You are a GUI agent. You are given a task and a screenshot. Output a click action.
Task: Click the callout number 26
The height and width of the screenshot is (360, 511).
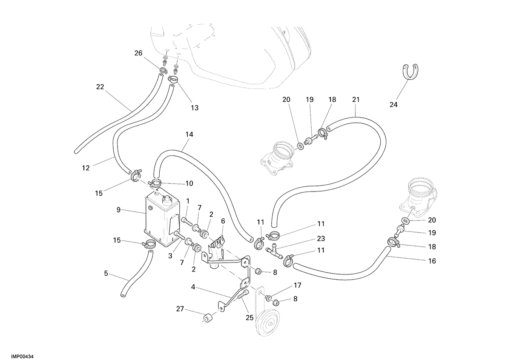coord(138,53)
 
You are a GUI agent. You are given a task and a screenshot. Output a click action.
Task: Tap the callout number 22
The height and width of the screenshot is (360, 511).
coord(100,87)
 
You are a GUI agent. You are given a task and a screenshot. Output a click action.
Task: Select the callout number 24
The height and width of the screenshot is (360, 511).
coord(393,105)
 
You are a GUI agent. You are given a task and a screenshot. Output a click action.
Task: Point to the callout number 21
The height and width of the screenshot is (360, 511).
coord(356,100)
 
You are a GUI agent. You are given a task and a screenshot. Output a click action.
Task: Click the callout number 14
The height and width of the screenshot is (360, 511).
coord(189,134)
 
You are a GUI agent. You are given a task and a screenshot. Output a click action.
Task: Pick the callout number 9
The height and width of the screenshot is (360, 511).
coord(118,210)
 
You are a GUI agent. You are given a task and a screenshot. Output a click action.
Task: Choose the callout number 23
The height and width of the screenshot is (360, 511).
coord(321,239)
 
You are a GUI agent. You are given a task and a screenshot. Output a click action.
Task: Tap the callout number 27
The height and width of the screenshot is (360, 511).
coord(180,309)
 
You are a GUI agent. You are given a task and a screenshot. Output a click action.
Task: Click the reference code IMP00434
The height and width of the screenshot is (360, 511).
coord(22,356)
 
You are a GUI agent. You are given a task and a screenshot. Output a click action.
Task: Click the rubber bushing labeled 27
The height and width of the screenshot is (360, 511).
coord(208,318)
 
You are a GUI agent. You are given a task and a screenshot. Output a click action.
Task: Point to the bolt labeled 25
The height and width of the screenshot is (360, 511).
coord(242,295)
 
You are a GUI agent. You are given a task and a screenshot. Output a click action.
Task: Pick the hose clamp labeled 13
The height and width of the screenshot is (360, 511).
coord(173,79)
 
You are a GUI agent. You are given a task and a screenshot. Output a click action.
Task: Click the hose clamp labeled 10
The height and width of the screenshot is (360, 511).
coord(155,183)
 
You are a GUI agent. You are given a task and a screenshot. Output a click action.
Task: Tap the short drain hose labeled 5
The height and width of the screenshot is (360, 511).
coord(136,274)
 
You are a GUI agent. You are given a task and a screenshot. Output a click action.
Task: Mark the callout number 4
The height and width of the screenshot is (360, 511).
coord(193,287)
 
